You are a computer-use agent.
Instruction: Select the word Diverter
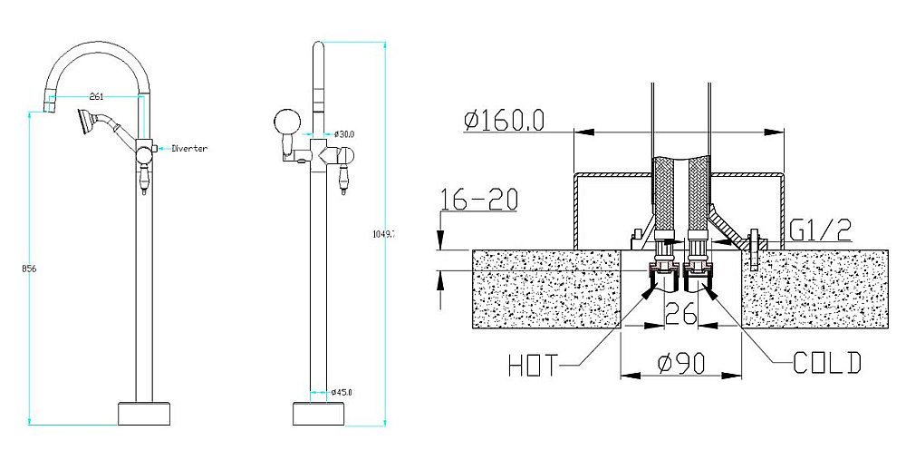(x=189, y=148)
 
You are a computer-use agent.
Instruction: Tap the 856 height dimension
(x=14, y=269)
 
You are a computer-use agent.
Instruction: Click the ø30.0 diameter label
(x=343, y=133)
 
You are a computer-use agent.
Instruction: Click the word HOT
(x=533, y=367)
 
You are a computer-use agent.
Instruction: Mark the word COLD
(x=826, y=364)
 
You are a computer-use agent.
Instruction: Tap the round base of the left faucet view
(x=144, y=413)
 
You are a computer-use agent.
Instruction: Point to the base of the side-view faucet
(x=319, y=413)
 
